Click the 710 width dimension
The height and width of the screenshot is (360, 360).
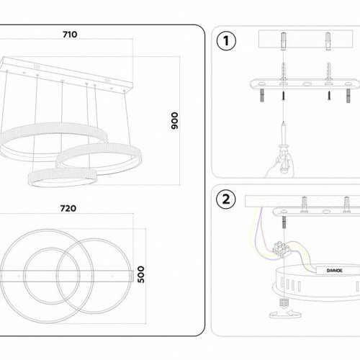click(70, 34)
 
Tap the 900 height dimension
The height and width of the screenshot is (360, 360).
click(173, 121)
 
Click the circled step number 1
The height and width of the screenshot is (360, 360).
click(226, 41)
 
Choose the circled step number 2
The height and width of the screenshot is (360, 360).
click(226, 199)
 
